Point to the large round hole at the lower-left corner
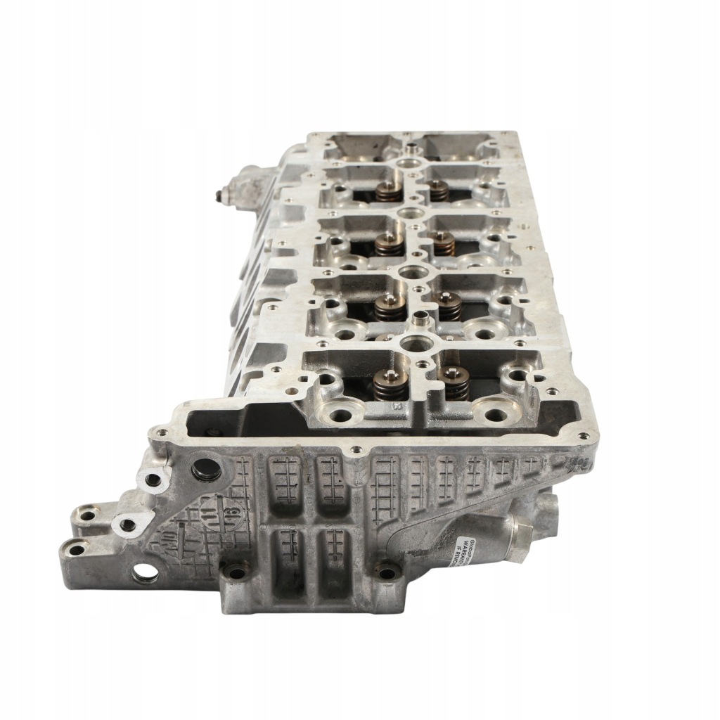145,574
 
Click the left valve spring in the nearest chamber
391,383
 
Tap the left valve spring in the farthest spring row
385,191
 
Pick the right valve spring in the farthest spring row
439,190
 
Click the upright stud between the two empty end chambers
410,149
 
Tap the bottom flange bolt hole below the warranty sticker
385,571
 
